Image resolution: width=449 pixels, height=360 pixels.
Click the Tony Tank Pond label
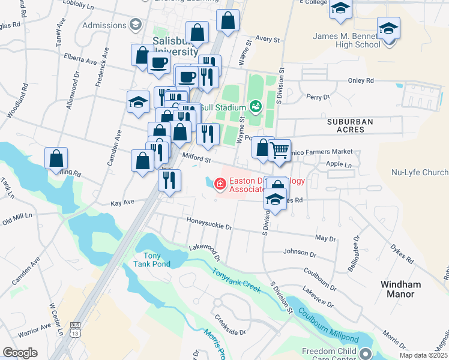152,259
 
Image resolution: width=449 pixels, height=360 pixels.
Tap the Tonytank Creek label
236,280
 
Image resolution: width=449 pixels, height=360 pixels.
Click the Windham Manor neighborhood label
400,289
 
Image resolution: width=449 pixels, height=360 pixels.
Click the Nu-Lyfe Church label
420,172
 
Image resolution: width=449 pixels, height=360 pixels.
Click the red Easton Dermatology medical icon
220,184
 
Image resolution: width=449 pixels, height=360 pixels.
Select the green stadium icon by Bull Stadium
256,107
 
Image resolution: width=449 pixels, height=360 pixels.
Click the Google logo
20,353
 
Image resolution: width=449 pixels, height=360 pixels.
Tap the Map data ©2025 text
423,355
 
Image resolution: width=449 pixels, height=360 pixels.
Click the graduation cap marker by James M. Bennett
388,28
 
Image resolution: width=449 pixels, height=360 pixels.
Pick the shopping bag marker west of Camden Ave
56,159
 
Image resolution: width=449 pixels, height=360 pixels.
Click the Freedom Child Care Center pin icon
366,354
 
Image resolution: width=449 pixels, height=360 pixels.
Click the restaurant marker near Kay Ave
169,179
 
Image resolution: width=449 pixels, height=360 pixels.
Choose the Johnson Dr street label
299,252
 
